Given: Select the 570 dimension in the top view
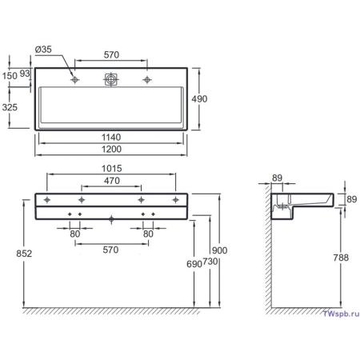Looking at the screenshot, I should coord(111,55).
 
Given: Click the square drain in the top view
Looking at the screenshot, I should coord(111,79).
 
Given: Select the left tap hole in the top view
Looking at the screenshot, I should coord(75,80).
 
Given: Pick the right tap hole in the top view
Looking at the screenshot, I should coord(147,80).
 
